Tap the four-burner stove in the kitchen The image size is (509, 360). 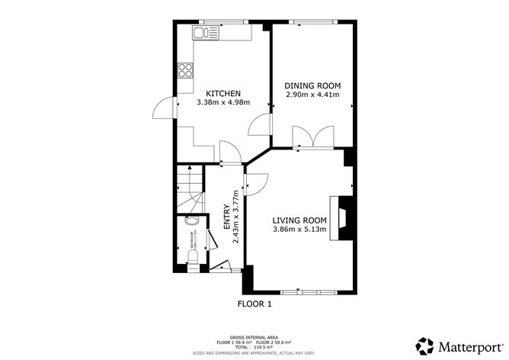coord(184,70)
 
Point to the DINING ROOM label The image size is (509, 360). coord(312,85)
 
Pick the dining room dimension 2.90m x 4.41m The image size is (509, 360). coord(312,95)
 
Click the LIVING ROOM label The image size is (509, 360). coord(300,220)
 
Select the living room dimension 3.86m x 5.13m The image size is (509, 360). coord(300,230)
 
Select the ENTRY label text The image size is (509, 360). coord(226,216)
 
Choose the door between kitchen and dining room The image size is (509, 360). coord(263,125)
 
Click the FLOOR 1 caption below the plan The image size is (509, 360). coord(254,303)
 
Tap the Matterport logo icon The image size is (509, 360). coord(422,344)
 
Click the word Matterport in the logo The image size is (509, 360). coord(465,344)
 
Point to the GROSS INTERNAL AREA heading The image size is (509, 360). coord(254,335)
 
